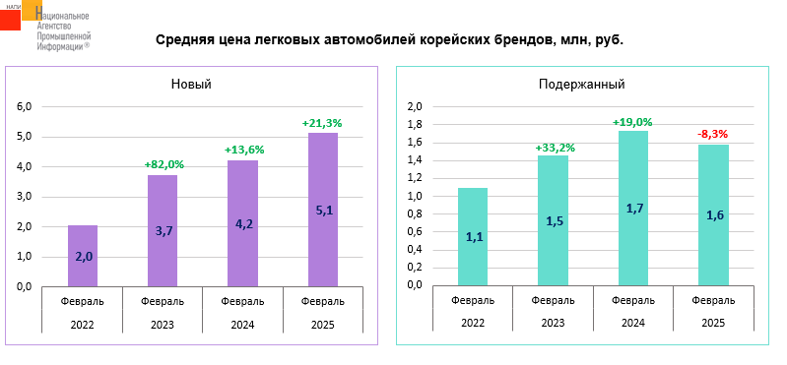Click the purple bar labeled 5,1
(323, 210)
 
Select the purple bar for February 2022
(83, 256)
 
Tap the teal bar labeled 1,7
(633, 208)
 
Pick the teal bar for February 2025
(713, 215)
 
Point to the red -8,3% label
(713, 134)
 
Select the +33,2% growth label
(554, 148)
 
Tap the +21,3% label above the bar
(323, 122)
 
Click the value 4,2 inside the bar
(243, 224)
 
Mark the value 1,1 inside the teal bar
(474, 237)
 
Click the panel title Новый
(191, 85)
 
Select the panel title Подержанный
(582, 85)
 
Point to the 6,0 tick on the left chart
(25, 107)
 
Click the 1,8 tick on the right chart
(415, 125)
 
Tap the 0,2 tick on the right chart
(415, 268)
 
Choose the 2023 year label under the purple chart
(163, 325)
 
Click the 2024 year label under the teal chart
(633, 324)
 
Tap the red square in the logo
(10, 19)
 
